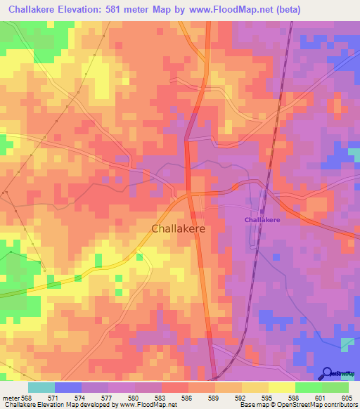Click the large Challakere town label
[179, 228]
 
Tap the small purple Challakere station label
[262, 220]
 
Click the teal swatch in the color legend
[41, 387]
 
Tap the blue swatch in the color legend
[68, 387]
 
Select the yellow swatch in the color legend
[282, 387]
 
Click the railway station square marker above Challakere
[262, 209]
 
